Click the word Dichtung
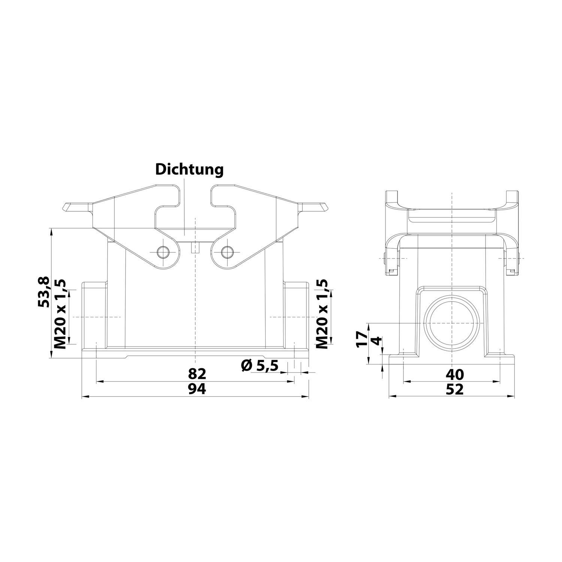coord(190,169)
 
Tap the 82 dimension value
coord(197,374)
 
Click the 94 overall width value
coord(197,389)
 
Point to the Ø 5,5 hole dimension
coord(260,365)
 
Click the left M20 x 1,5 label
coord(60,314)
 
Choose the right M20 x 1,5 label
coord(322,314)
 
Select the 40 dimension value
coord(455,374)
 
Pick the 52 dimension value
coord(455,389)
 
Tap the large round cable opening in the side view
coord(452,323)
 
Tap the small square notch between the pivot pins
coord(194,248)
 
